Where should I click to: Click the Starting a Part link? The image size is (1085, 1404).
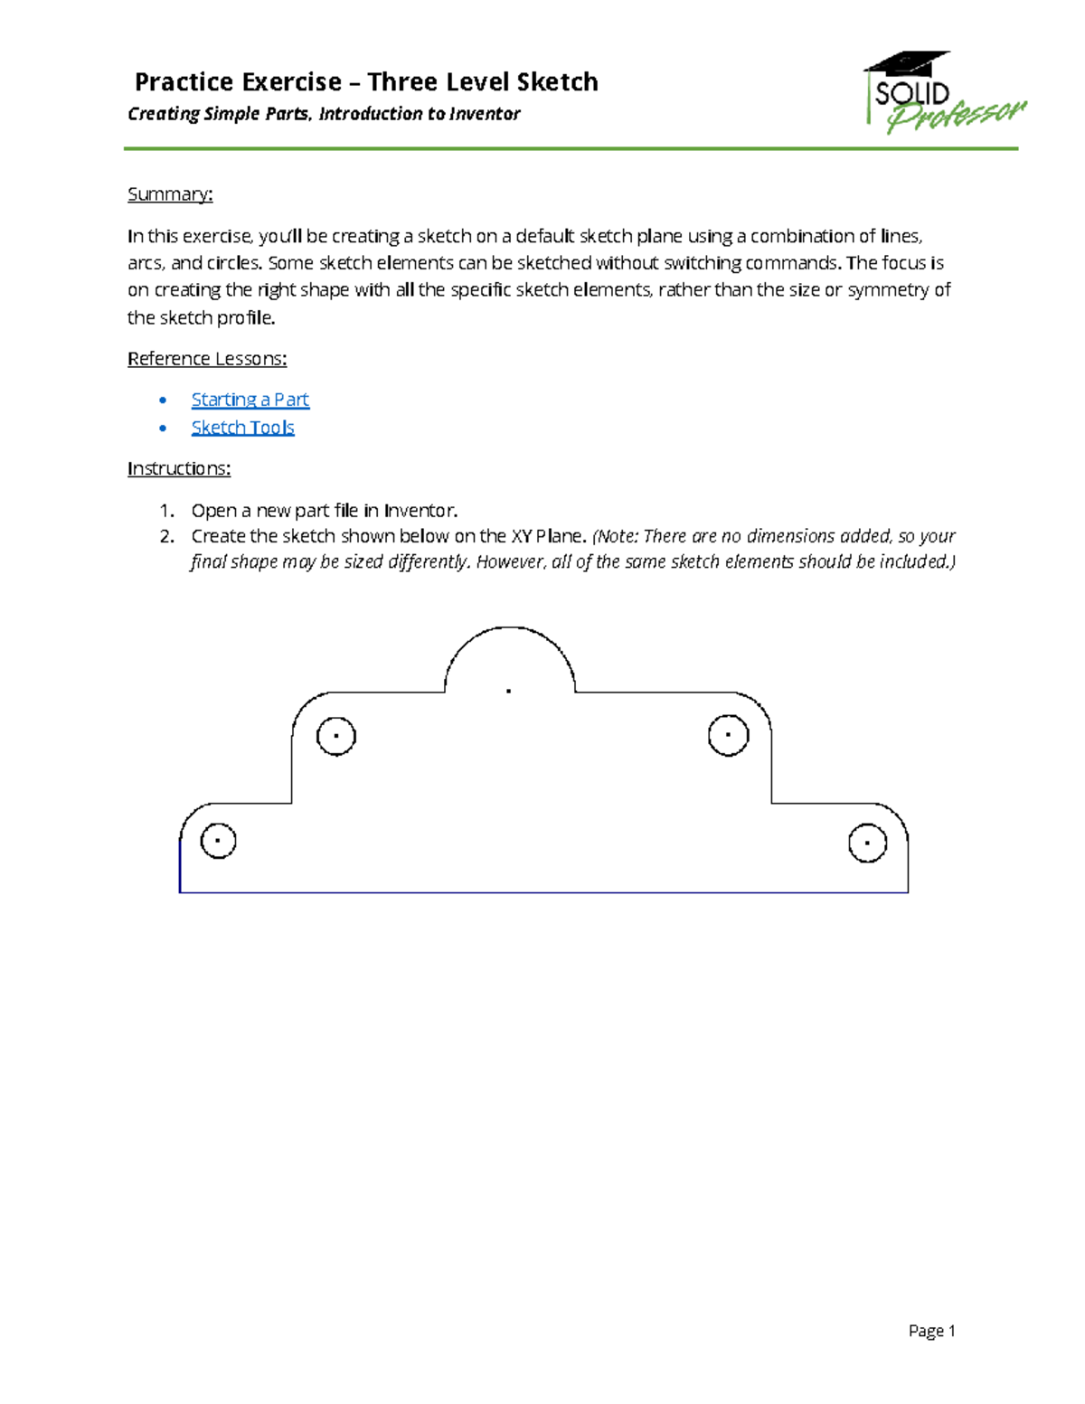tap(250, 400)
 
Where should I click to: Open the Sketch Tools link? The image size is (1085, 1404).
tap(242, 428)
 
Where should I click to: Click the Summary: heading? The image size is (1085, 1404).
tap(170, 194)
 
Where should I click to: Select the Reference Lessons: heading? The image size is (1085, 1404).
tap(207, 359)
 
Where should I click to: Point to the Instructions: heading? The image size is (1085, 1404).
tap(179, 468)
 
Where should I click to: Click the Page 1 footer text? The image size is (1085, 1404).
tap(931, 1331)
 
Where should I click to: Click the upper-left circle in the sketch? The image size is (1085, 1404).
tap(336, 736)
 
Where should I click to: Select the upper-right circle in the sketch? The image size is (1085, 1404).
tap(728, 735)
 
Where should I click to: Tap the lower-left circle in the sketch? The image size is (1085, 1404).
tap(218, 841)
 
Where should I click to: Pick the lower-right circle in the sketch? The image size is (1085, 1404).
tap(867, 843)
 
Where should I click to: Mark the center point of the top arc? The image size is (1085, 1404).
tap(509, 691)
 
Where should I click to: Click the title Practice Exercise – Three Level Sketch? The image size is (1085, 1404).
tap(366, 82)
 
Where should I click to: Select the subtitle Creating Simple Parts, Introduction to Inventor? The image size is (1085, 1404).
tap(324, 114)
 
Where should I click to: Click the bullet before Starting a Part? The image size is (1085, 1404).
tap(163, 400)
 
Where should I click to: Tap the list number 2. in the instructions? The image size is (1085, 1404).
tap(166, 536)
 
